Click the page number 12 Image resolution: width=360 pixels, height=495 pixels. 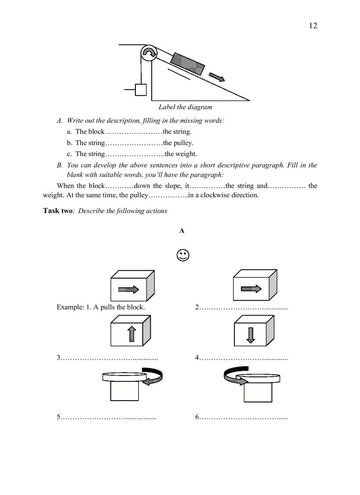click(x=313, y=26)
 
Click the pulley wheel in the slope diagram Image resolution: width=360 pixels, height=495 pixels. click(x=149, y=53)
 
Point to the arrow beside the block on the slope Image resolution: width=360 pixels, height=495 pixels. click(x=217, y=77)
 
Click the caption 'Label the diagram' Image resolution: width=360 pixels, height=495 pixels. click(x=185, y=107)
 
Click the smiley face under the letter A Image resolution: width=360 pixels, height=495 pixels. click(x=183, y=256)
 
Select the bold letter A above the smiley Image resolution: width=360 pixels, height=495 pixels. click(x=182, y=231)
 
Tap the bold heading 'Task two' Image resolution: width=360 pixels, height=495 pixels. click(x=58, y=211)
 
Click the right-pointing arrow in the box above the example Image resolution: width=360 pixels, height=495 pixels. click(x=128, y=289)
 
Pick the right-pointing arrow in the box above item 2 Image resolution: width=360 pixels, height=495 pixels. click(x=251, y=289)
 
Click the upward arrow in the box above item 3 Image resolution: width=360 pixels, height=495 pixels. click(x=131, y=334)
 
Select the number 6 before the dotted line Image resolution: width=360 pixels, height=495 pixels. click(x=197, y=417)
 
